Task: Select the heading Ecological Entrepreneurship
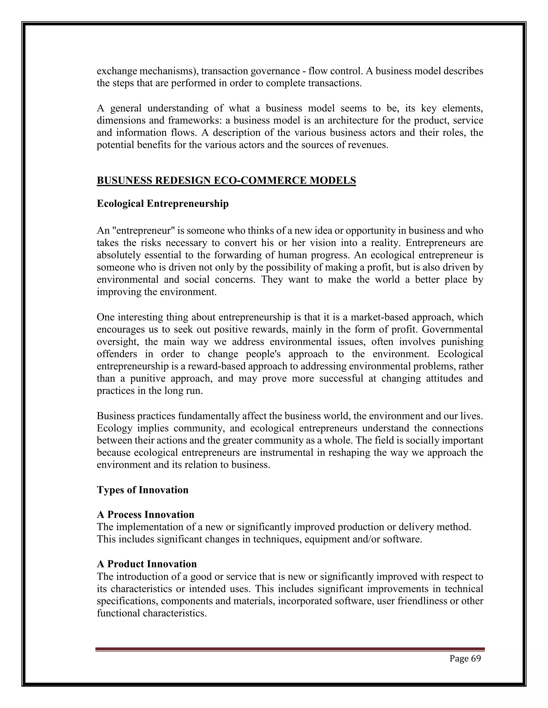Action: tap(163, 204)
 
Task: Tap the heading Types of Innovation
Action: tap(143, 489)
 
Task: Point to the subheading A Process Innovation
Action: tap(146, 515)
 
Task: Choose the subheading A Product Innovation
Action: tap(147, 564)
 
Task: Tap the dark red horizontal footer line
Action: tap(290, 649)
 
